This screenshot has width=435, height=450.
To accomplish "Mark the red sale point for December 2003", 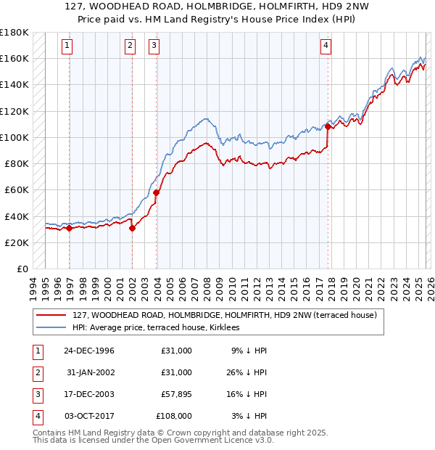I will [156, 192].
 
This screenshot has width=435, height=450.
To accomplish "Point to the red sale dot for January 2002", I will [133, 228].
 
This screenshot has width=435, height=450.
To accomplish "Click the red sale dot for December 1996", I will [70, 228].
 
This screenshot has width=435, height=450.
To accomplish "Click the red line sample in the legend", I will [51, 316].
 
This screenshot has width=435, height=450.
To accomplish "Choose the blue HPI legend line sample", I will [51, 328].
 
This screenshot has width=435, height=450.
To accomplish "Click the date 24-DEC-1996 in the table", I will [88, 351].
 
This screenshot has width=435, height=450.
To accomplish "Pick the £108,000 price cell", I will [174, 416].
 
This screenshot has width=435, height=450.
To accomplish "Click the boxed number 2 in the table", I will [36, 372].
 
